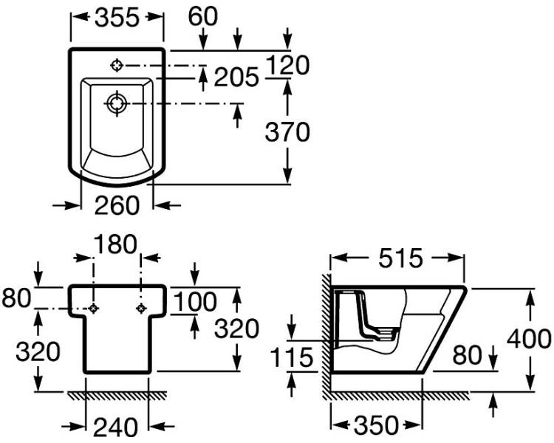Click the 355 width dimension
117,18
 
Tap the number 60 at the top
203,16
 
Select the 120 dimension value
287,66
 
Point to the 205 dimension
236,78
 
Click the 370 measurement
287,131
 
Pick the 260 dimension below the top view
117,205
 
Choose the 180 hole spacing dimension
115,244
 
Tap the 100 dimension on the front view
196,301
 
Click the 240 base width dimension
115,427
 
